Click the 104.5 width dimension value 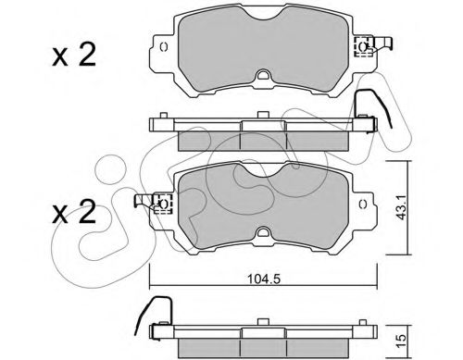[x=264, y=279]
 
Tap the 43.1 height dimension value [x=401, y=208]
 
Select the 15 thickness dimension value [x=401, y=341]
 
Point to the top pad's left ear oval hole [x=164, y=47]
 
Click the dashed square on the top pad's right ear [x=363, y=46]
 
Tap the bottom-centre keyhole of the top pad [x=263, y=75]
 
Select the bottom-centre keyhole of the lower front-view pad [x=263, y=232]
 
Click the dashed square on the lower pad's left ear [x=163, y=204]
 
